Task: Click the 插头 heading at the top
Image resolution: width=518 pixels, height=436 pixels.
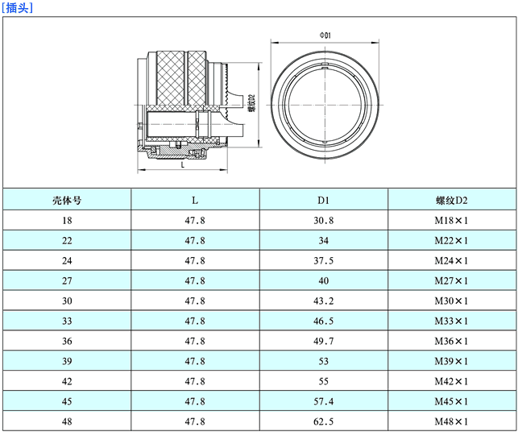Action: (17, 7)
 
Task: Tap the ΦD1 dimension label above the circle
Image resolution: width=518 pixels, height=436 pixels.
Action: (325, 35)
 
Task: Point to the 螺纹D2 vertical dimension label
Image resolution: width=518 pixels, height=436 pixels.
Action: (251, 103)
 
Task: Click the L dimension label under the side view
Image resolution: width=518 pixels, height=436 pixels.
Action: (183, 164)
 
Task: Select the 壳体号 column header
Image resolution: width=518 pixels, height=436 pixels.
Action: (67, 201)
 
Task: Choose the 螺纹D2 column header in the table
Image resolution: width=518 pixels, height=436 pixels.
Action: (452, 201)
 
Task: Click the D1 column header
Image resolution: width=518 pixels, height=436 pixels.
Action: (323, 201)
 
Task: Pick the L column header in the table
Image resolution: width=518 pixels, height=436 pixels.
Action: (195, 201)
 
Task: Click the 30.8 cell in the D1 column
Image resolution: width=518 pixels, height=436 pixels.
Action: (323, 221)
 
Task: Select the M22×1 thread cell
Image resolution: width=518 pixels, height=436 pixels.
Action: (451, 241)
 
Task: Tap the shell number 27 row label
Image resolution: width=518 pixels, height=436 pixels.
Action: (67, 281)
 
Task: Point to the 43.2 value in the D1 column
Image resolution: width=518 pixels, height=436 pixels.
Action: (323, 301)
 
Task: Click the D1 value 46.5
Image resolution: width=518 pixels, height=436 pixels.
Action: (323, 321)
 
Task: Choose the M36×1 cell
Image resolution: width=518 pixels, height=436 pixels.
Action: (451, 341)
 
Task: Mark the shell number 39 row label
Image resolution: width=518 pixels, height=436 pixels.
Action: (67, 361)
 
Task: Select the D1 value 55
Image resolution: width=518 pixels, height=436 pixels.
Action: (323, 381)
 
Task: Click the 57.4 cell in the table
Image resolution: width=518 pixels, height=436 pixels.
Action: (323, 401)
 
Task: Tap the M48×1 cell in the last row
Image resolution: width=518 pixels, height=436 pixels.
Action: (451, 421)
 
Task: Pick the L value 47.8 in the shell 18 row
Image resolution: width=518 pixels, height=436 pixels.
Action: (195, 221)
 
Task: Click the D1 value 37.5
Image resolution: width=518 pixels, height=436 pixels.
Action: (323, 261)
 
